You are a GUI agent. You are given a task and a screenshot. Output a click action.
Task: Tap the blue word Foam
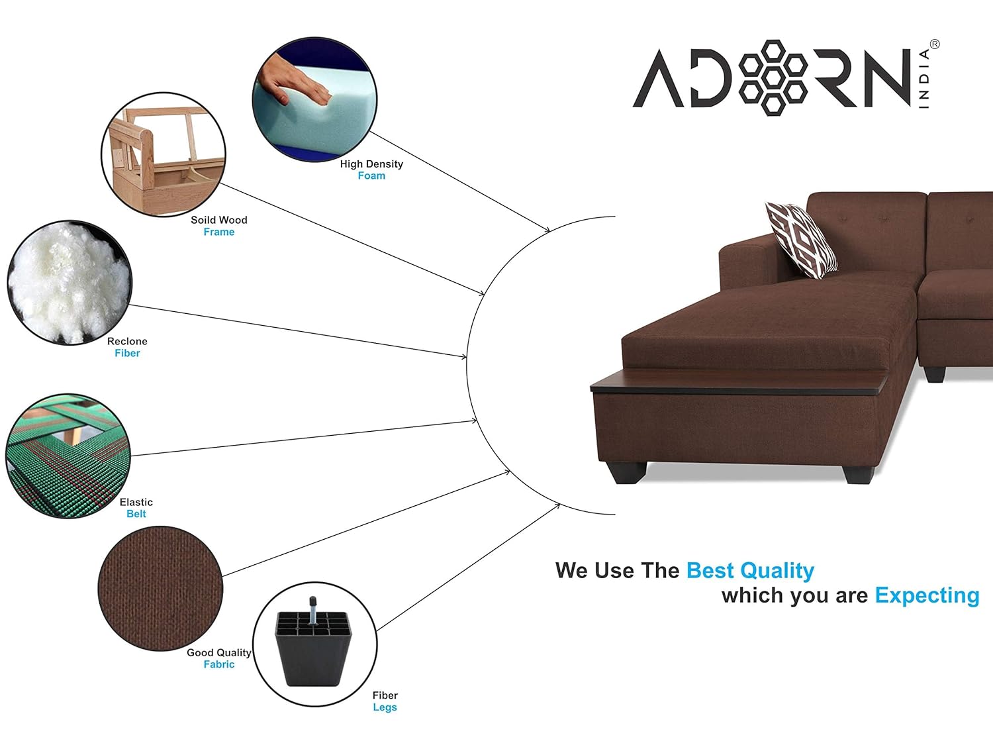tap(371, 175)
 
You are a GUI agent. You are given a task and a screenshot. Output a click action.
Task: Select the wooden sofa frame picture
tap(164, 155)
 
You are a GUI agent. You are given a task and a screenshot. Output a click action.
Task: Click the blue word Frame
tap(219, 232)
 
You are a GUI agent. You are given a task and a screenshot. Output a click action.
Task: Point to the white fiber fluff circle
tap(70, 282)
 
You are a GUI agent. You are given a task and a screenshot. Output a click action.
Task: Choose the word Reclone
tap(127, 341)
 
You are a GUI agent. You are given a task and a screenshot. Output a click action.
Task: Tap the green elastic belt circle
tap(68, 456)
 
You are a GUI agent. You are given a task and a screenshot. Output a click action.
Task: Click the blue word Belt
tap(136, 514)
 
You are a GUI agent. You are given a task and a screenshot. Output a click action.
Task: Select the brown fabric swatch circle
tap(161, 589)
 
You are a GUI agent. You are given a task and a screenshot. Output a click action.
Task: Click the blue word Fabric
tap(219, 664)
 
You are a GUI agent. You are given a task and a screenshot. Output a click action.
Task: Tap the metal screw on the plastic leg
tap(312, 610)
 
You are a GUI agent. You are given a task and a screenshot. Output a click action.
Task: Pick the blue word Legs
tap(385, 707)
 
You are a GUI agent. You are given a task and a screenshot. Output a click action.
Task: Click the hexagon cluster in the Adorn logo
tap(773, 77)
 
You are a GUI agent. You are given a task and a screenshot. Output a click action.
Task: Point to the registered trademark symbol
tap(935, 44)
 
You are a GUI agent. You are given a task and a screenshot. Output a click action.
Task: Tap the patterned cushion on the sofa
tap(801, 240)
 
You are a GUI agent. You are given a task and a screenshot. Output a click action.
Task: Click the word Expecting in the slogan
tap(927, 596)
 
